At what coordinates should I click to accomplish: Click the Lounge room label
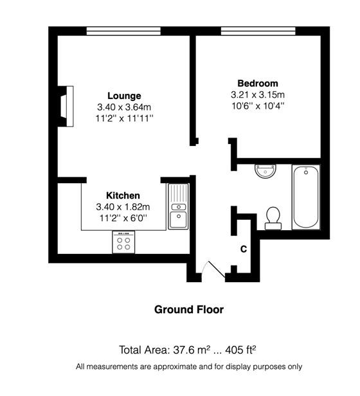[124, 96]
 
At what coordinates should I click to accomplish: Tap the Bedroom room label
[258, 84]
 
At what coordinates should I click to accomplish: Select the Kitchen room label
[123, 195]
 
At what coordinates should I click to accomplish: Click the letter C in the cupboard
[244, 249]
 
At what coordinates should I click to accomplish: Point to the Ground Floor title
[189, 310]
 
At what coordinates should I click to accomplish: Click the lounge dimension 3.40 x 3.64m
[124, 107]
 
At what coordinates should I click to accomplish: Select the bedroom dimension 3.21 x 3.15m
[258, 94]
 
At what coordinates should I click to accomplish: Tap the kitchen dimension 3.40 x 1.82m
[123, 207]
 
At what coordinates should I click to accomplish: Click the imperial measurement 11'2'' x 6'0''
[123, 218]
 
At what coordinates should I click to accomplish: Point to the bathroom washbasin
[265, 172]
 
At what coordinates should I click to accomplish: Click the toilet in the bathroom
[273, 219]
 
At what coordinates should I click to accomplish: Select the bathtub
[306, 197]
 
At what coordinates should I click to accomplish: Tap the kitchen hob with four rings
[123, 242]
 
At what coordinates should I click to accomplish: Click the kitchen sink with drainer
[178, 206]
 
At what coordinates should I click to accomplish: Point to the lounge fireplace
[66, 106]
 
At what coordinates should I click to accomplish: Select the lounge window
[123, 31]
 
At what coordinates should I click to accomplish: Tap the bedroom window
[258, 31]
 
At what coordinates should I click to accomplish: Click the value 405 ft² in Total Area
[240, 350]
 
